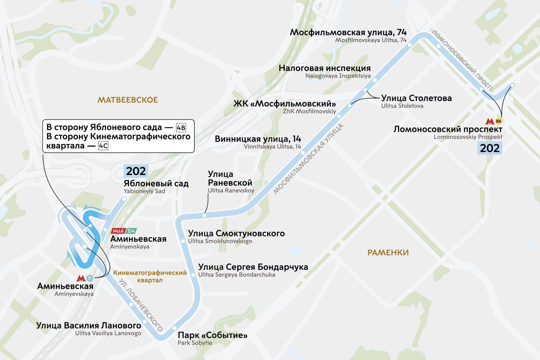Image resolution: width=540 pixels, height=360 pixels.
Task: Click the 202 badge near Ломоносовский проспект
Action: click(490, 148)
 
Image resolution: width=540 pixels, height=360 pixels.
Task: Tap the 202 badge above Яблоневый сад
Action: click(136, 171)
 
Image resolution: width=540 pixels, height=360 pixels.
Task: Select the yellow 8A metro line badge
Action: click(499, 121)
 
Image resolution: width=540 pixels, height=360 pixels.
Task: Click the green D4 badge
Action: click(132, 231)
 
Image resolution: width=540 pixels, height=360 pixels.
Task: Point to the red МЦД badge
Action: click(118, 231)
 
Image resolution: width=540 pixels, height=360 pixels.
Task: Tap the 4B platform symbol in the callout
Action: click(181, 128)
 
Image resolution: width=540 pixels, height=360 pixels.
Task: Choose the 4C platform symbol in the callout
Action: click(103, 146)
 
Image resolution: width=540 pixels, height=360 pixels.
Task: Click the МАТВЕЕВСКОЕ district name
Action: click(128, 100)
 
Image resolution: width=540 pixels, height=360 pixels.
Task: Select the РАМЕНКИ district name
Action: click(388, 253)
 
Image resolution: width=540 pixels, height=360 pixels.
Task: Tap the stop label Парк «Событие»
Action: click(212, 335)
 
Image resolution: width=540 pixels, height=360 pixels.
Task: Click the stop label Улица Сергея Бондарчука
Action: click(253, 267)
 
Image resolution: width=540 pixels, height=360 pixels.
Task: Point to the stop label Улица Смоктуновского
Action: click(236, 234)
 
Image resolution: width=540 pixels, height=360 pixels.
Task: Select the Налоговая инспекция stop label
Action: click(324, 69)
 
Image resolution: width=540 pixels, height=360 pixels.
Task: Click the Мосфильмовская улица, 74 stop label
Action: click(348, 32)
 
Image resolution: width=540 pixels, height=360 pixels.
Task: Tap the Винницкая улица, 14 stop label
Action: click(258, 139)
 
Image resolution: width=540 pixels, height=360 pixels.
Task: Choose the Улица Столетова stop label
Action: click(416, 98)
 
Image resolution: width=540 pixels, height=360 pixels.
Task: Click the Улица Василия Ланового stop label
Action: click(88, 325)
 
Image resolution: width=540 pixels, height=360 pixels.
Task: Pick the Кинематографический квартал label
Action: click(150, 276)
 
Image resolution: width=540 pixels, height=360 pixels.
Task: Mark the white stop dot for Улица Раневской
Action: click(205, 215)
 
